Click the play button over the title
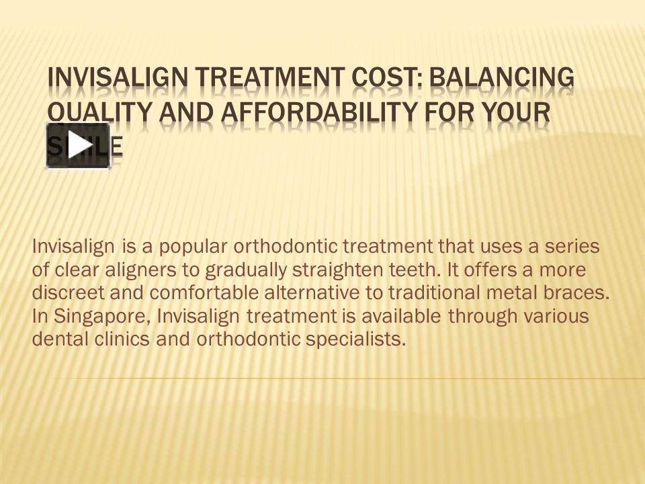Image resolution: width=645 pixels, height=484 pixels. click(x=78, y=145)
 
